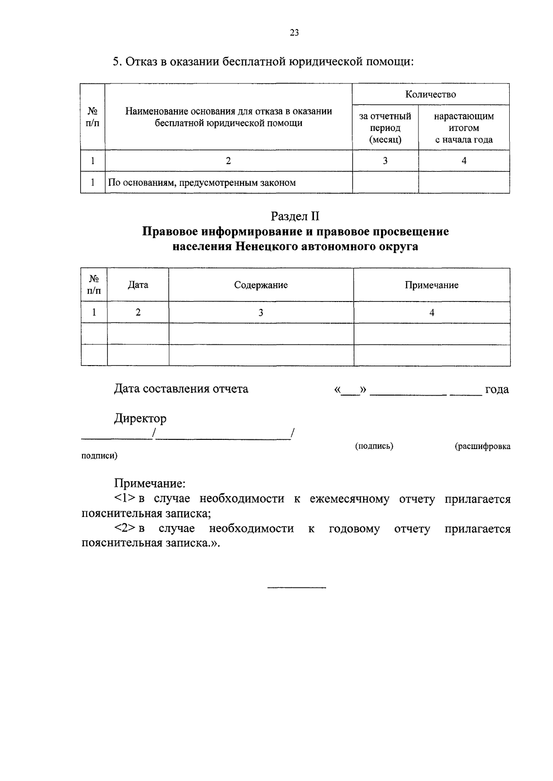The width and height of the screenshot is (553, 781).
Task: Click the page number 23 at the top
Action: [294, 32]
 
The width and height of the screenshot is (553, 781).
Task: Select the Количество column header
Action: [430, 95]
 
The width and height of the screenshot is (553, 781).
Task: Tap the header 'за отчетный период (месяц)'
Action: [385, 128]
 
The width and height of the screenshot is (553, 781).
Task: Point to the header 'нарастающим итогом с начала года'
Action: [464, 128]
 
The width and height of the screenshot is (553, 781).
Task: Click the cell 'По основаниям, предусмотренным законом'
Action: [202, 183]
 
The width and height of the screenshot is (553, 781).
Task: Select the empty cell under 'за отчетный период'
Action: [385, 183]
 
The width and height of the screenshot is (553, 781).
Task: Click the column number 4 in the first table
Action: [464, 160]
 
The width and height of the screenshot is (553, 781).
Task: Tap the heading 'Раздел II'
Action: [295, 216]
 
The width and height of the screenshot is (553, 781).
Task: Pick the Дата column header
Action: [138, 285]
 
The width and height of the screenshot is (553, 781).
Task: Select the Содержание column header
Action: [261, 285]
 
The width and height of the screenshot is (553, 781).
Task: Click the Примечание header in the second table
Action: [431, 285]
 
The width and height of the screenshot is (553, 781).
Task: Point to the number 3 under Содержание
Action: [261, 313]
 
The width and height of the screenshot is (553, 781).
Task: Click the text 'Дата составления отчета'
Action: [181, 389]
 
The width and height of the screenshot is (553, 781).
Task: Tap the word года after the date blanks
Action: [497, 390]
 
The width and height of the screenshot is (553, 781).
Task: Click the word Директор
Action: [140, 419]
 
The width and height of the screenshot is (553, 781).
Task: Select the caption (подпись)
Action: [374, 446]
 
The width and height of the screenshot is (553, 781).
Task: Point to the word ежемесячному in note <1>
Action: [349, 499]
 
